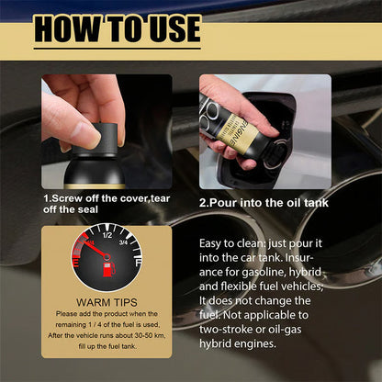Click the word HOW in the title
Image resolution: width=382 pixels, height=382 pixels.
[68, 29]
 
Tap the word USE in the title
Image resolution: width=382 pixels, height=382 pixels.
[166, 29]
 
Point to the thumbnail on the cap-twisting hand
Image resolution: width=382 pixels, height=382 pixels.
[84, 134]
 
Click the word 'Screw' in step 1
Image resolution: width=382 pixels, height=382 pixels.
[71, 197]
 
